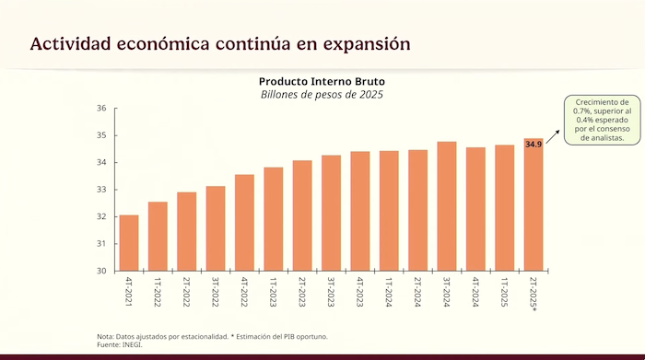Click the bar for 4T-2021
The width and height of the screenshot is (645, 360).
(129, 243)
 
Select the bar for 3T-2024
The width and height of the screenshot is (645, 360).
(447, 206)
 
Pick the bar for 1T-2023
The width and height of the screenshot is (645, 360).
(273, 219)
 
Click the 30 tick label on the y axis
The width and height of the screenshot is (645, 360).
(101, 271)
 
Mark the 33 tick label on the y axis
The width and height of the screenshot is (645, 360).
(101, 190)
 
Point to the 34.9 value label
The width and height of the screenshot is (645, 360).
(534, 145)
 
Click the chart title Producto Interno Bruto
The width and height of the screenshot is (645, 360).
(322, 81)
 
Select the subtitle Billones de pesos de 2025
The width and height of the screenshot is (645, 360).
(322, 94)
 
